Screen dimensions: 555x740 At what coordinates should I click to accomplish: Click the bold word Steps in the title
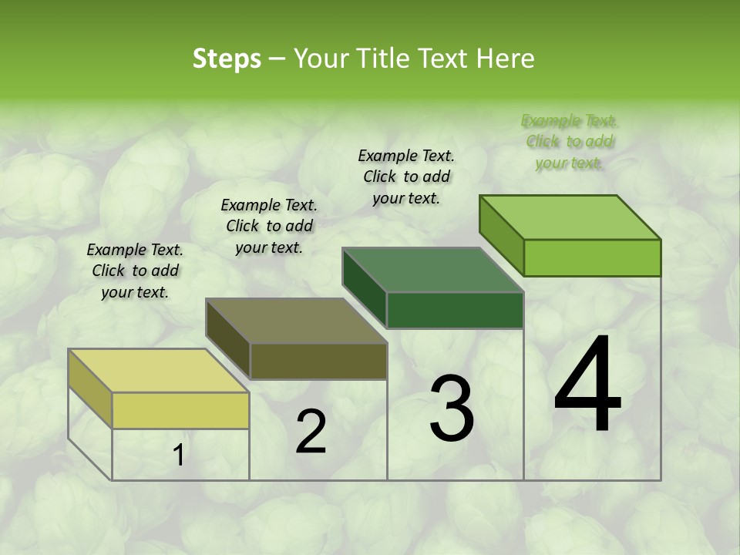pyautogui.click(x=227, y=59)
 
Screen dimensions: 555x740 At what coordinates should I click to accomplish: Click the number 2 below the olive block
pyautogui.click(x=311, y=432)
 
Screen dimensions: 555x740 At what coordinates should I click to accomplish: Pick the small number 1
pyautogui.click(x=179, y=456)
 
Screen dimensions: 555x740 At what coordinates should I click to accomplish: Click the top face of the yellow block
pyautogui.click(x=158, y=371)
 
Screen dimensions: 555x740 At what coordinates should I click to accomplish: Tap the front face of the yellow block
pyautogui.click(x=180, y=410)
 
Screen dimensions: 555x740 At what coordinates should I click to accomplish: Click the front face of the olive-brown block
pyautogui.click(x=318, y=361)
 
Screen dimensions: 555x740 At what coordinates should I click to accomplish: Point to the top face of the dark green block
pyautogui.click(x=432, y=270)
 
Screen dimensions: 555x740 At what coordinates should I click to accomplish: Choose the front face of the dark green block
pyautogui.click(x=455, y=310)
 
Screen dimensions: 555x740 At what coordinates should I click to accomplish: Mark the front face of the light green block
pyautogui.click(x=592, y=257)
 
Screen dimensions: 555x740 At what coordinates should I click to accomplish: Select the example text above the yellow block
pyautogui.click(x=135, y=271)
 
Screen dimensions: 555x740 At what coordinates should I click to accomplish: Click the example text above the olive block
pyautogui.click(x=269, y=226)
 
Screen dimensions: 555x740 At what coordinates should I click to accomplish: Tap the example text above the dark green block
pyautogui.click(x=406, y=177)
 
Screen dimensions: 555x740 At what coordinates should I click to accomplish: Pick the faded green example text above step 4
pyautogui.click(x=570, y=141)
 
